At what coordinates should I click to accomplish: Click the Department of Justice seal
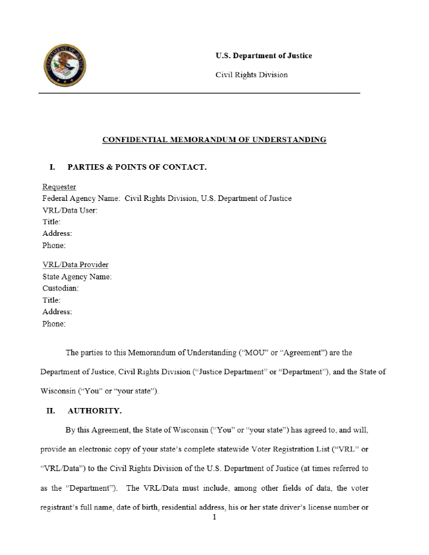pos(64,66)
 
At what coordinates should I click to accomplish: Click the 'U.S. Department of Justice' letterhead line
pos(264,56)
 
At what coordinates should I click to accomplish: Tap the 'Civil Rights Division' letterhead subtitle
pos(251,75)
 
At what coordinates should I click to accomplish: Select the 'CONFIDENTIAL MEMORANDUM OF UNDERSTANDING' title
pos(214,140)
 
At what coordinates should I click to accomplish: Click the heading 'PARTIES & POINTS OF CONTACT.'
pos(137,167)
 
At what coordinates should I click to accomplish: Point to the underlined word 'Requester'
pos(59,187)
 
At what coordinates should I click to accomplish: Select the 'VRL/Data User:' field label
pos(70,210)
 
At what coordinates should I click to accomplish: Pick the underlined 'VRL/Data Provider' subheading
pos(75,265)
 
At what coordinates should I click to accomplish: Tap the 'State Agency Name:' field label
pos(77,276)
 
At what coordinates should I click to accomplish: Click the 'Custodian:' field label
pos(61,288)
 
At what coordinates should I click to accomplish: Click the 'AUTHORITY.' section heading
pos(94,411)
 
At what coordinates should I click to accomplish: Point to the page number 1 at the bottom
pos(214,518)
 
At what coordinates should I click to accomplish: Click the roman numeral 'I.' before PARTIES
pos(53,167)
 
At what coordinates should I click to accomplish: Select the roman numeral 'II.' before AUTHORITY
pos(51,411)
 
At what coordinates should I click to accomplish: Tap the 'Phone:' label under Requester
pos(54,246)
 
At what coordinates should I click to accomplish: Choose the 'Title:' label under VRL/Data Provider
pos(51,300)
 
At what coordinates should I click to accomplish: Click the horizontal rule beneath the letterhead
pos(199,93)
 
